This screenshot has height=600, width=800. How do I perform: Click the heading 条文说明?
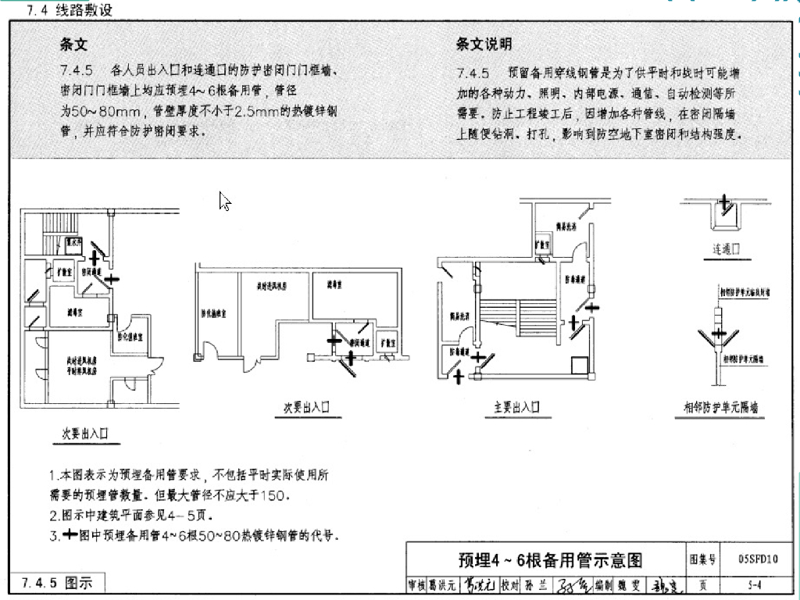click(x=484, y=45)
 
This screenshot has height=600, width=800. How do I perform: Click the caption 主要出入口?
click(x=516, y=407)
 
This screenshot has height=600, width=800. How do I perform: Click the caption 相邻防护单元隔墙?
click(x=720, y=407)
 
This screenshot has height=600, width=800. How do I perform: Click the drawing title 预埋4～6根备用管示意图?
click(x=549, y=560)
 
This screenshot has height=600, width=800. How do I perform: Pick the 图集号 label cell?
click(x=702, y=559)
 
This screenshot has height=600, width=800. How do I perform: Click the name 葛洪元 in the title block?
click(x=441, y=585)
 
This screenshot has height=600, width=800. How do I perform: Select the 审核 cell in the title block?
click(x=416, y=585)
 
